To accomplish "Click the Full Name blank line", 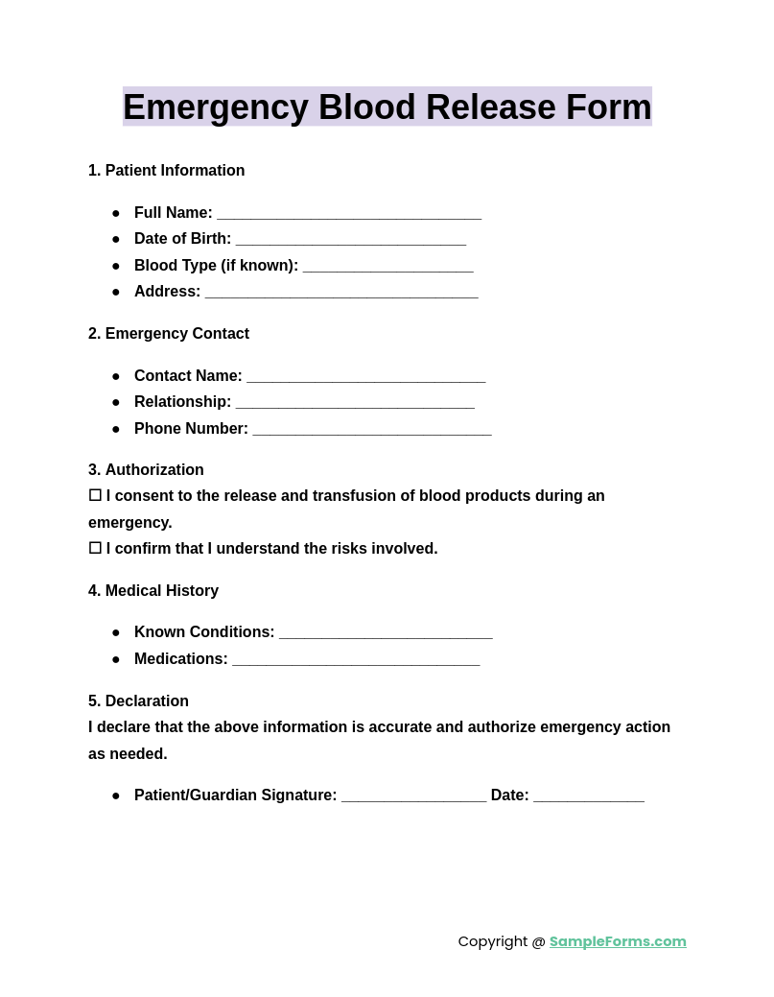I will point(349,214).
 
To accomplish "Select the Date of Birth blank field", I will point(351,240).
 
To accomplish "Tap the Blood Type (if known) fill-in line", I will point(387,267).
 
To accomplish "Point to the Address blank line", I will point(341,293).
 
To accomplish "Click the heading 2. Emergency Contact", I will point(169,334).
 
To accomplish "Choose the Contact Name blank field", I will point(365,377).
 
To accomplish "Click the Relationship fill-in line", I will point(355,403).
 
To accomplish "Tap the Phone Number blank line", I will point(372,430).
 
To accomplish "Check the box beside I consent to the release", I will point(95,495).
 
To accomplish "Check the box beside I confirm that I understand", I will point(95,548).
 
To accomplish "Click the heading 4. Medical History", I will point(153,591).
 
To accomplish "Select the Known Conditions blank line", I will point(386,633).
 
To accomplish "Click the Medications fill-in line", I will point(356,660).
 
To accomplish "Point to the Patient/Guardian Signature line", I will point(413,796).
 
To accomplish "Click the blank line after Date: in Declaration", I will point(589,796).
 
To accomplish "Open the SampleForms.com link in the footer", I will point(618,941).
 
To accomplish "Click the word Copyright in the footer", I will point(493,941).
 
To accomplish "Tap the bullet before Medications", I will point(116,659).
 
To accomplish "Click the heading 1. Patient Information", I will point(167,171).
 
